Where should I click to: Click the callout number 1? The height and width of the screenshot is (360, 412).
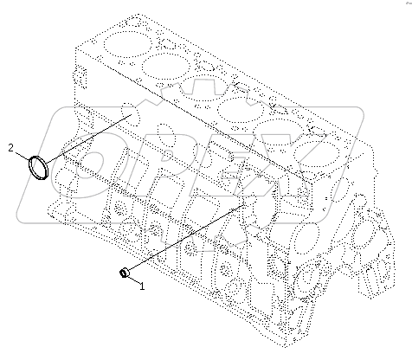coord(141,284)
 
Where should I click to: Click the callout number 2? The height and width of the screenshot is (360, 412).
coord(10,147)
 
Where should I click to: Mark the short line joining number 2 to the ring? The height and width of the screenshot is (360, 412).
coord(22,153)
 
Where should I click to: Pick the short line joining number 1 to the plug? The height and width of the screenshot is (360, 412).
coord(133,279)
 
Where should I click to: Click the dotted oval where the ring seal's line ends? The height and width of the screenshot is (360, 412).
coord(128,112)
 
